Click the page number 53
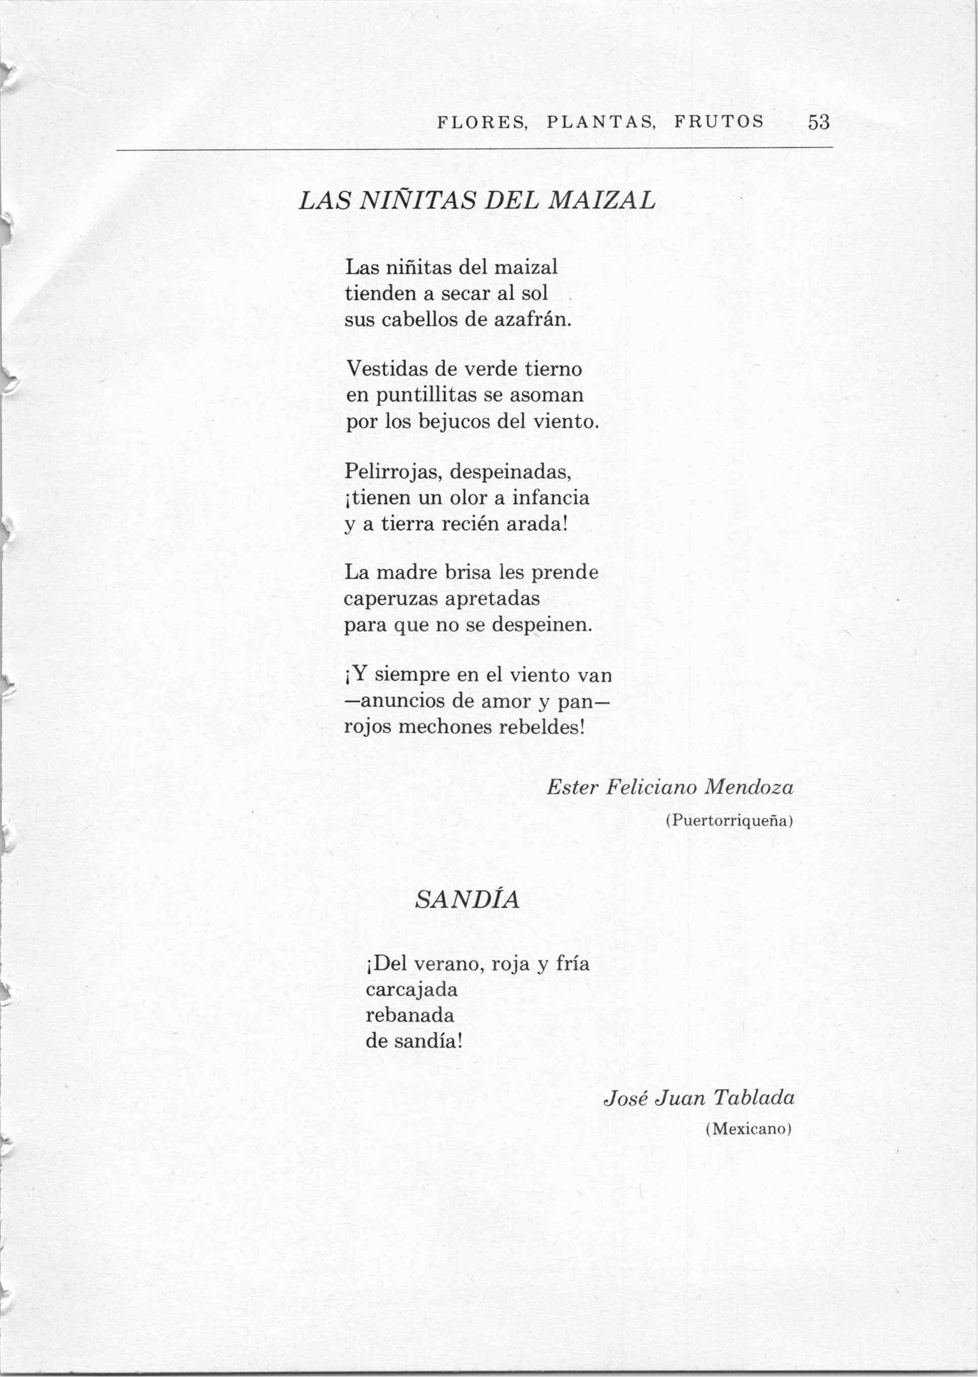click(818, 123)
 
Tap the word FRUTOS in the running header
click(719, 122)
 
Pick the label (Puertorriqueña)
click(729, 821)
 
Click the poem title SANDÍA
click(467, 900)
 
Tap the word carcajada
click(412, 989)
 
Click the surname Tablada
click(753, 1098)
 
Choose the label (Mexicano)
click(747, 1130)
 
